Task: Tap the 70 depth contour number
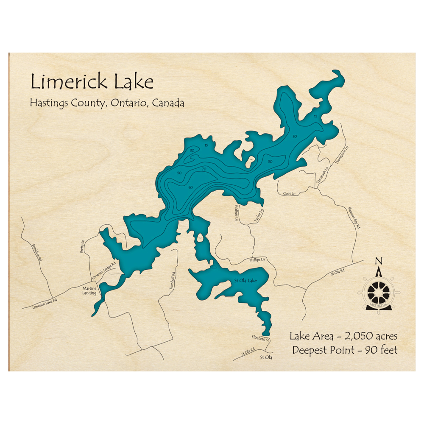click(x=204, y=170)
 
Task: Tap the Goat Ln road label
click(x=289, y=194)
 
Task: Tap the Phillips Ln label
click(x=257, y=259)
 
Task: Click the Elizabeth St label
click(x=260, y=339)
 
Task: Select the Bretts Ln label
click(x=82, y=246)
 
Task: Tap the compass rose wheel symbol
click(x=378, y=292)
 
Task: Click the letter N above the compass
click(x=379, y=261)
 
